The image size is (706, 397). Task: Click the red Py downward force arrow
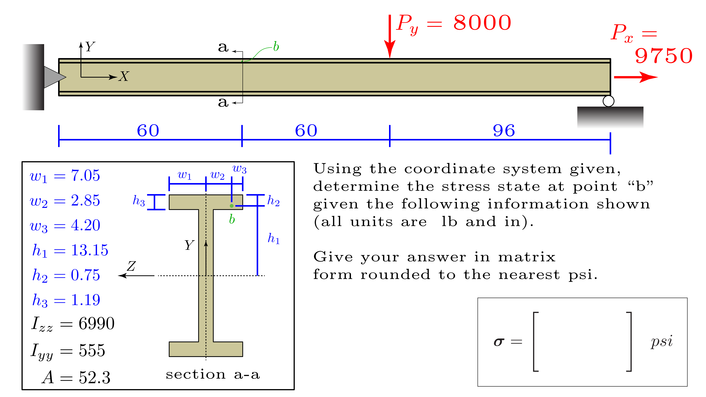389,36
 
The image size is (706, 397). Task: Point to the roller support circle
608,101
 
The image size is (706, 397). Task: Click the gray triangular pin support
54,77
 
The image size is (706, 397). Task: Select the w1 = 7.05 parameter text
65,176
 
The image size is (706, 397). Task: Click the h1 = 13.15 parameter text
70,250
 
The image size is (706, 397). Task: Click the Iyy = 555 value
68,351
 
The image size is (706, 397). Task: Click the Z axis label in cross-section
131,266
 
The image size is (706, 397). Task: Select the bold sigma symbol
499,342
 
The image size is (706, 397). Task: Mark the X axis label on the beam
124,76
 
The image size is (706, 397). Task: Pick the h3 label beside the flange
139,201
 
